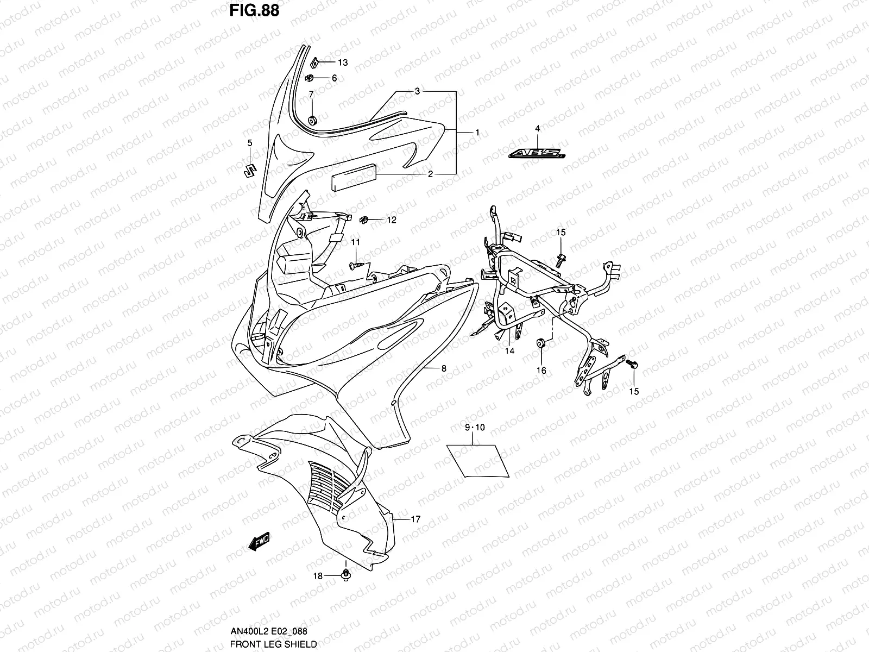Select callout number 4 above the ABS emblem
(x=537, y=129)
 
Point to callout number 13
(x=343, y=62)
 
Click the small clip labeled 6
(x=311, y=77)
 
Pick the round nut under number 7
(x=312, y=120)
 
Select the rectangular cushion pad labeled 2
(x=352, y=176)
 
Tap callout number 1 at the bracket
(x=477, y=133)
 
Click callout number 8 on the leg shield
(x=444, y=368)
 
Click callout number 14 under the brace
(x=509, y=351)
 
